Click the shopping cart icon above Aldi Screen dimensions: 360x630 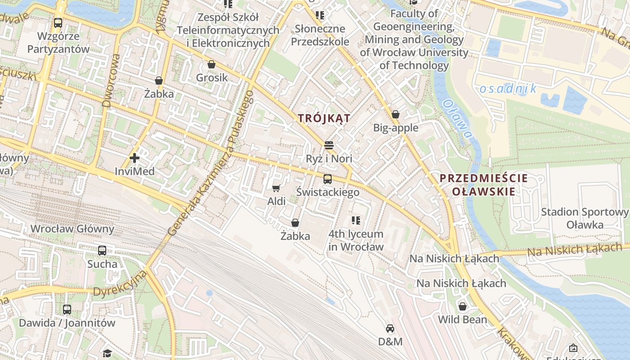coord(276,188)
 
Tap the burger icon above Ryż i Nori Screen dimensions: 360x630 coord(329,145)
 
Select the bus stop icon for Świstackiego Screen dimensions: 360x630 coord(328,179)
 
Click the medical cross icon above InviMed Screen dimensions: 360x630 coord(134,158)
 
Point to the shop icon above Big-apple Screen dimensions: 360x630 coord(396,114)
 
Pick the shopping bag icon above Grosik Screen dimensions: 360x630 coord(211,64)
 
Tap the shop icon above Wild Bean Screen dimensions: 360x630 coord(462,306)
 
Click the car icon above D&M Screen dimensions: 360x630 coord(390,328)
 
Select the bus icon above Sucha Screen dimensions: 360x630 coord(102,251)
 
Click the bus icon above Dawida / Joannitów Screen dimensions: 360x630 coord(67,310)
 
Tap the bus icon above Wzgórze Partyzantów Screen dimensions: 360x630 coord(58,23)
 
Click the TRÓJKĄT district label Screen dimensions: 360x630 coord(324,118)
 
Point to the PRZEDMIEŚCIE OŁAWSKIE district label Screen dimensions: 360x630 coord(484,184)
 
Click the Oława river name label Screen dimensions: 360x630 coord(457,119)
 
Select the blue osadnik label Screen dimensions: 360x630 coord(508,89)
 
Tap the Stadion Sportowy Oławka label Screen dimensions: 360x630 coord(585,218)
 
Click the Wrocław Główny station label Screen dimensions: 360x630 coord(72,229)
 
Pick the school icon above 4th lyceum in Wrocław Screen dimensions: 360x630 coord(356,220)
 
